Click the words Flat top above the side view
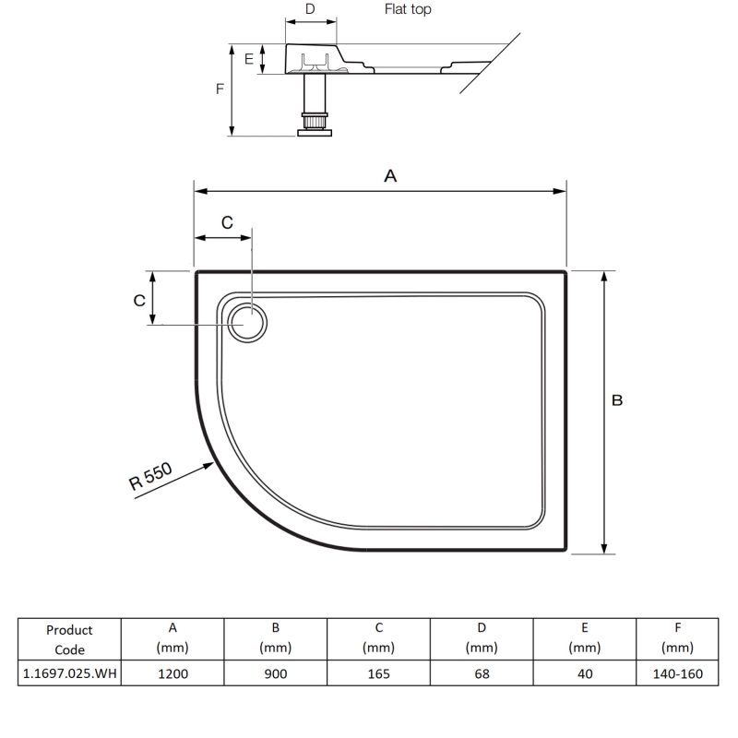407,10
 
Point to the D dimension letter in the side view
310,9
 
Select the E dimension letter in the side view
248,58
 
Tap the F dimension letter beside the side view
219,89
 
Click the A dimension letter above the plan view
389,175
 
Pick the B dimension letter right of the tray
617,400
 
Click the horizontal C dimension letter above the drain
228,222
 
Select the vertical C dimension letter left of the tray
138,301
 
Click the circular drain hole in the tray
249,324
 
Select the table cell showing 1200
173,674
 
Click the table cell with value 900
275,674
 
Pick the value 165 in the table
378,674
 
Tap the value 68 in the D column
481,674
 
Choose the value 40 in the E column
584,674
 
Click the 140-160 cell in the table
677,674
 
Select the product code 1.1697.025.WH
70,674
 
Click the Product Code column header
70,639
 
